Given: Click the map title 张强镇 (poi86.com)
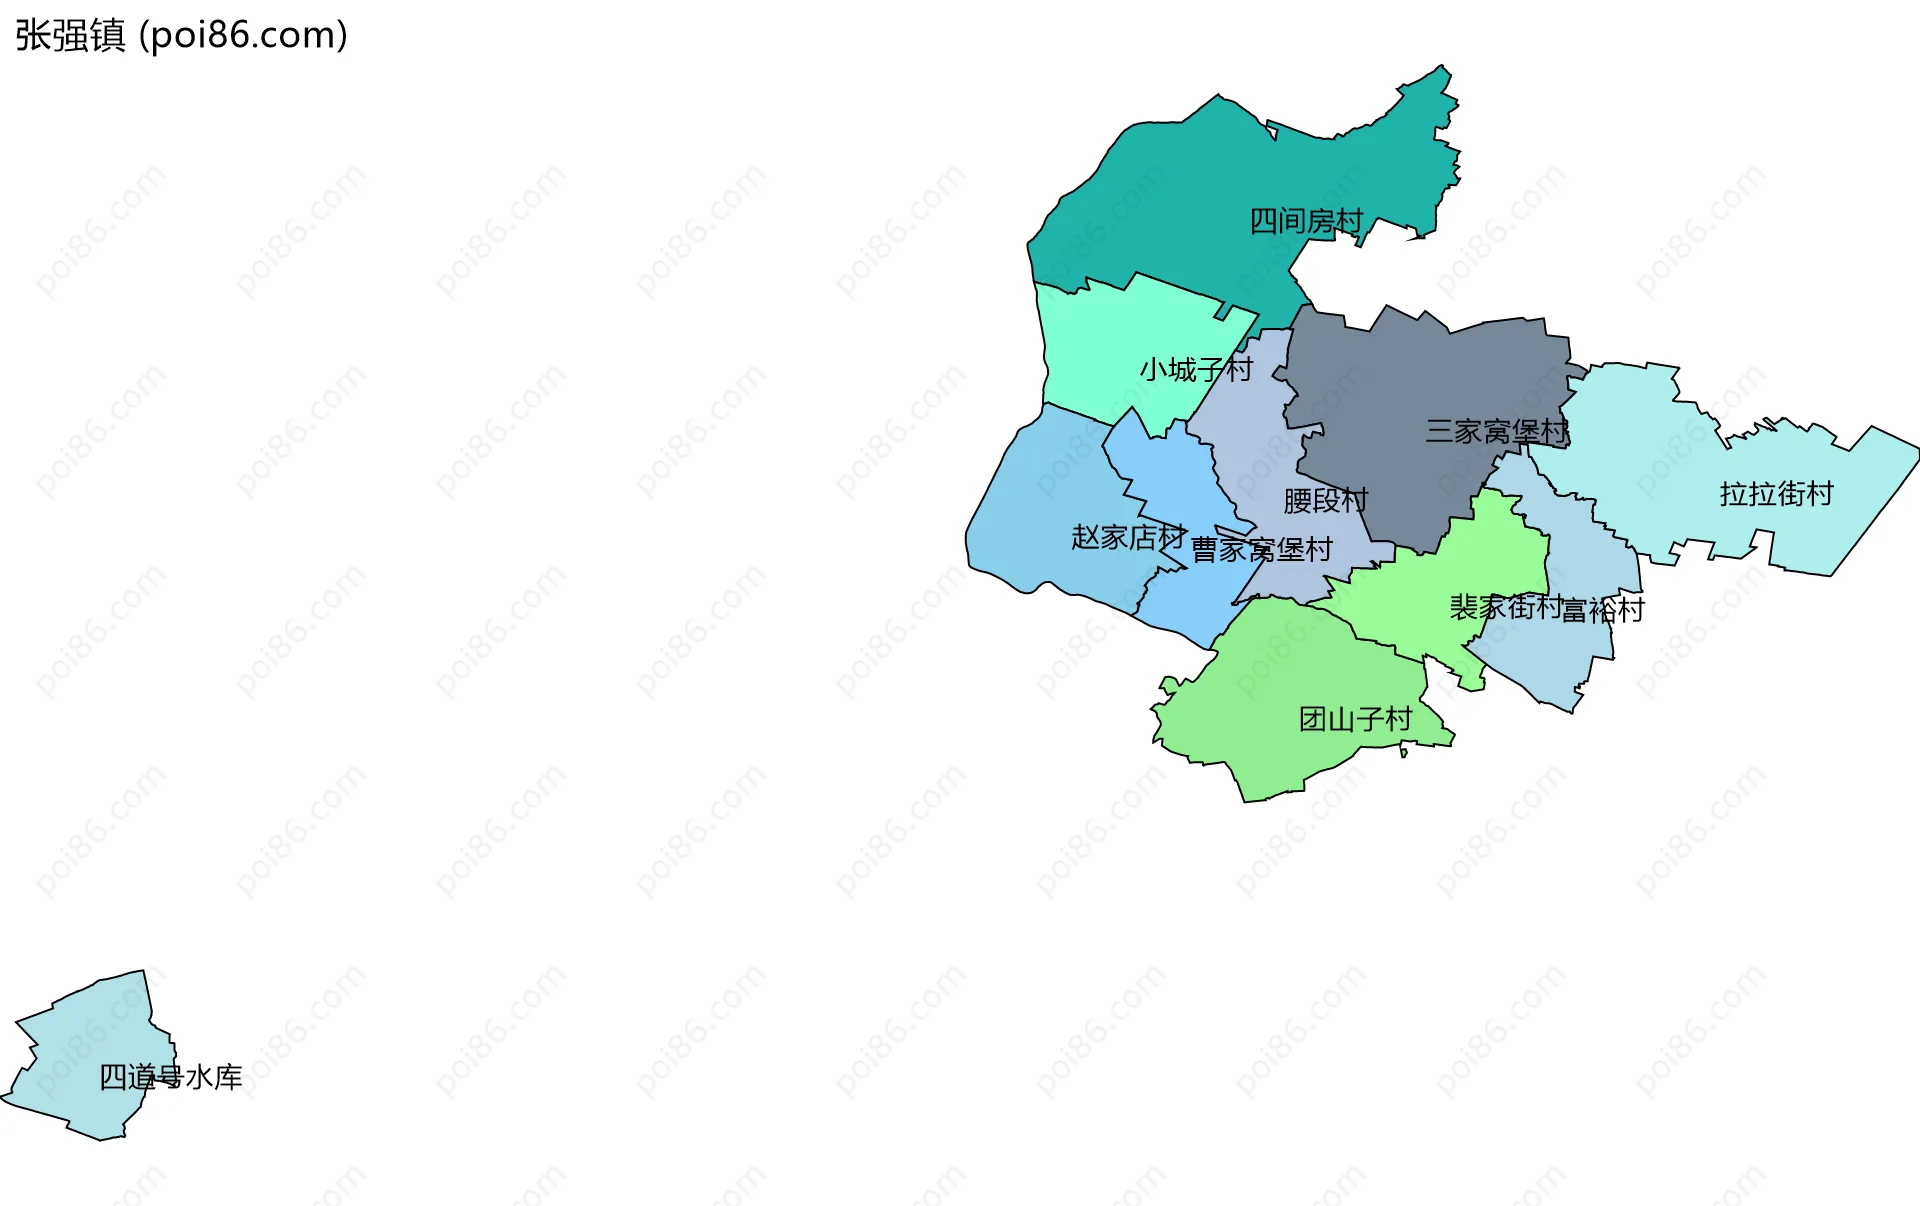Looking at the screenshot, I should [x=181, y=35].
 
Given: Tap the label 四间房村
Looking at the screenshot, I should [x=1306, y=221].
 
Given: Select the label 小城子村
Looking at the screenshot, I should [x=1196, y=370].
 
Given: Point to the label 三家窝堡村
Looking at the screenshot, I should [x=1497, y=432].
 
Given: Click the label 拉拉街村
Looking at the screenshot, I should [x=1776, y=494].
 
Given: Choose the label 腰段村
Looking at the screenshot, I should [x=1325, y=500].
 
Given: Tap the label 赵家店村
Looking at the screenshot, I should [x=1128, y=537].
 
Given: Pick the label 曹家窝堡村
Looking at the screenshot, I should [x=1261, y=550].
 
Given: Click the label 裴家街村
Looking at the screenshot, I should [x=1505, y=607].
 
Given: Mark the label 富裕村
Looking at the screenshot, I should [x=1604, y=610].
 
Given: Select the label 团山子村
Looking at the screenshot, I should [x=1355, y=719].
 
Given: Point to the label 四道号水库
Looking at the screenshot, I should [x=171, y=1077].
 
